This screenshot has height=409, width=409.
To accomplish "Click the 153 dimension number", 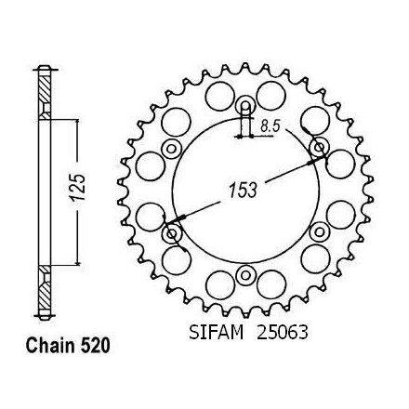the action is [243, 190].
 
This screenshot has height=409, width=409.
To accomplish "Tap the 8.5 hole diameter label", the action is [270, 126].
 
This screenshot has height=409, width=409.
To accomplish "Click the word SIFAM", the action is [216, 333].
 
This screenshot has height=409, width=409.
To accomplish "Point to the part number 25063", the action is [283, 333].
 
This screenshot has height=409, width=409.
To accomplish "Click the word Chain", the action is [49, 346].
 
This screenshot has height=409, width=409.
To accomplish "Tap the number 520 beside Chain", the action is [95, 346].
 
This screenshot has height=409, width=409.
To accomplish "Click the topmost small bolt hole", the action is [245, 106].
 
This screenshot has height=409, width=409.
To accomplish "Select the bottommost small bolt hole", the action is [245, 275].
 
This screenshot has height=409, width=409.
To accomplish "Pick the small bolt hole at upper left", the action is [171, 149].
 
